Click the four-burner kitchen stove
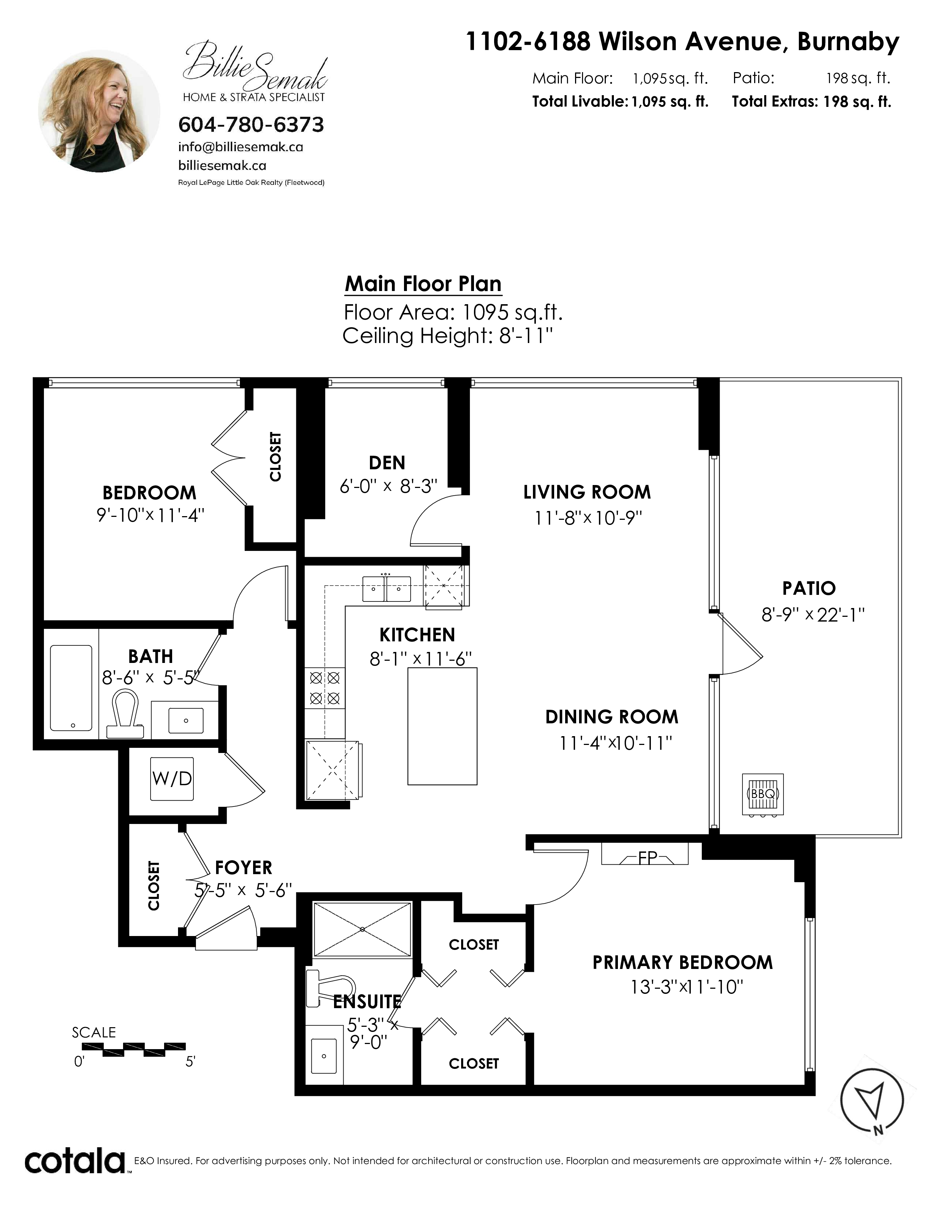(x=324, y=687)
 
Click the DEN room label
(x=387, y=462)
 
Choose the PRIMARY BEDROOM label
(x=683, y=962)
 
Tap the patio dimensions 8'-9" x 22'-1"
(x=813, y=615)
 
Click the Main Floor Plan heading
(x=423, y=284)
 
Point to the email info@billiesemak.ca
(x=241, y=147)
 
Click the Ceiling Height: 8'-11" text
(x=448, y=336)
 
